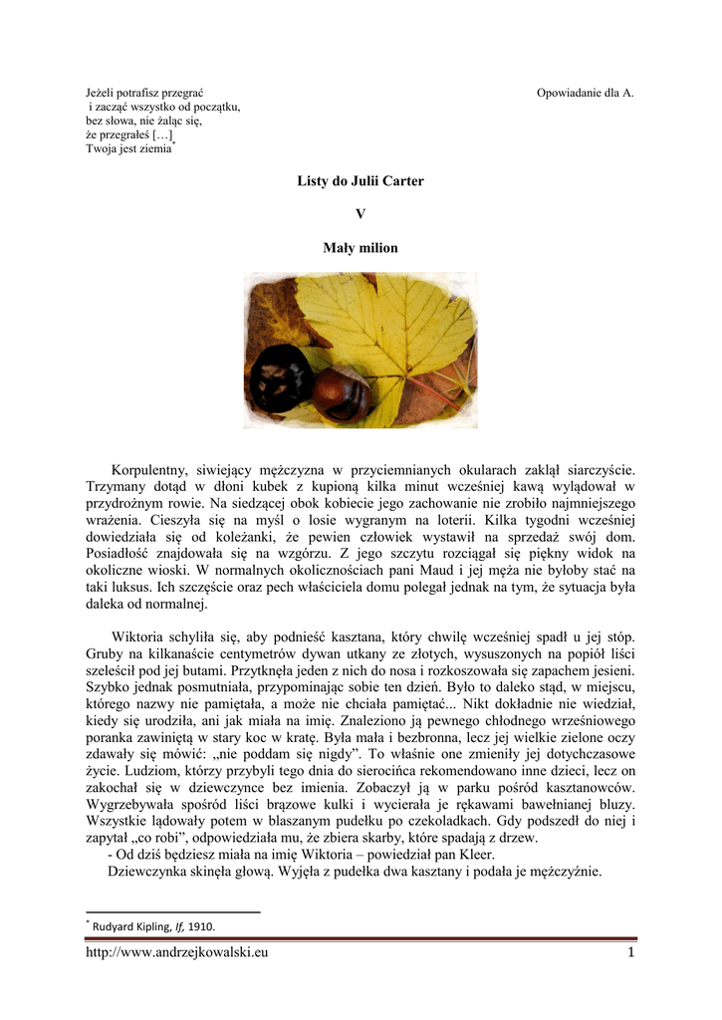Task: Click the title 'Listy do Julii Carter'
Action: coord(361,181)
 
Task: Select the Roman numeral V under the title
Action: coord(361,214)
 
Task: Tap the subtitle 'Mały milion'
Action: coord(361,248)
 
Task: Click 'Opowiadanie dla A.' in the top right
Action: coord(585,93)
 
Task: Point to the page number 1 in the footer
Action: coord(630,953)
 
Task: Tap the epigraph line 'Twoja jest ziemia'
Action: coord(128,148)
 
